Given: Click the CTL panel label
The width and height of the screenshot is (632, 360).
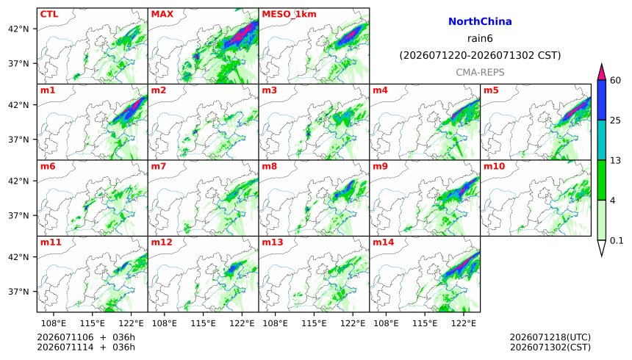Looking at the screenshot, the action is click(x=49, y=14).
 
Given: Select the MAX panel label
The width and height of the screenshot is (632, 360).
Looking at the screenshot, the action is click(x=162, y=14).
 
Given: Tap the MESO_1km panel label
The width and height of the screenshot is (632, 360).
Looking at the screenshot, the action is click(x=289, y=15).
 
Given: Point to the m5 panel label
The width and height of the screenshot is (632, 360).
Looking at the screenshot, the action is click(x=491, y=90).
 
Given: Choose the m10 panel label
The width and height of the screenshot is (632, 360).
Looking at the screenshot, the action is click(x=494, y=167).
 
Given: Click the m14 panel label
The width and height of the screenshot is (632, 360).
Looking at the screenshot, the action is click(x=384, y=242).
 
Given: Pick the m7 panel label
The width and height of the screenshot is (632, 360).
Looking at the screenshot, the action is click(x=159, y=167).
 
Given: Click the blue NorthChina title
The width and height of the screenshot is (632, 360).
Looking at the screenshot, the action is click(x=480, y=21).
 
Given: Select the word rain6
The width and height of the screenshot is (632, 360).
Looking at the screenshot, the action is click(x=480, y=38).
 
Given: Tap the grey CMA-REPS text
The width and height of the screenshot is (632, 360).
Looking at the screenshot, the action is click(x=480, y=72).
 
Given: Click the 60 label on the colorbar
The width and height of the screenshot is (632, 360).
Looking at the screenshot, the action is click(x=615, y=80).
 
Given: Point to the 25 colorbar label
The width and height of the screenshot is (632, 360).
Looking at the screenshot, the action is click(x=615, y=120).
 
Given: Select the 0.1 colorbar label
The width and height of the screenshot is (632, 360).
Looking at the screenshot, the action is click(x=617, y=241).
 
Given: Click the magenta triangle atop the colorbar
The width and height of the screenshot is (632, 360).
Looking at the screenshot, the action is click(x=602, y=72).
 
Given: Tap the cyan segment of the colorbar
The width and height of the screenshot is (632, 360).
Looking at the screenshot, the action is click(x=602, y=140).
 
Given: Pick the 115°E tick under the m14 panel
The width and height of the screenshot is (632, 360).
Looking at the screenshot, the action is click(x=425, y=323).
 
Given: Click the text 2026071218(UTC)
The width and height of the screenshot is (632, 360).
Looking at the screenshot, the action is click(x=550, y=337).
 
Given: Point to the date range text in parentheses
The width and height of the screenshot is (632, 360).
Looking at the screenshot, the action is click(x=480, y=55).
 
